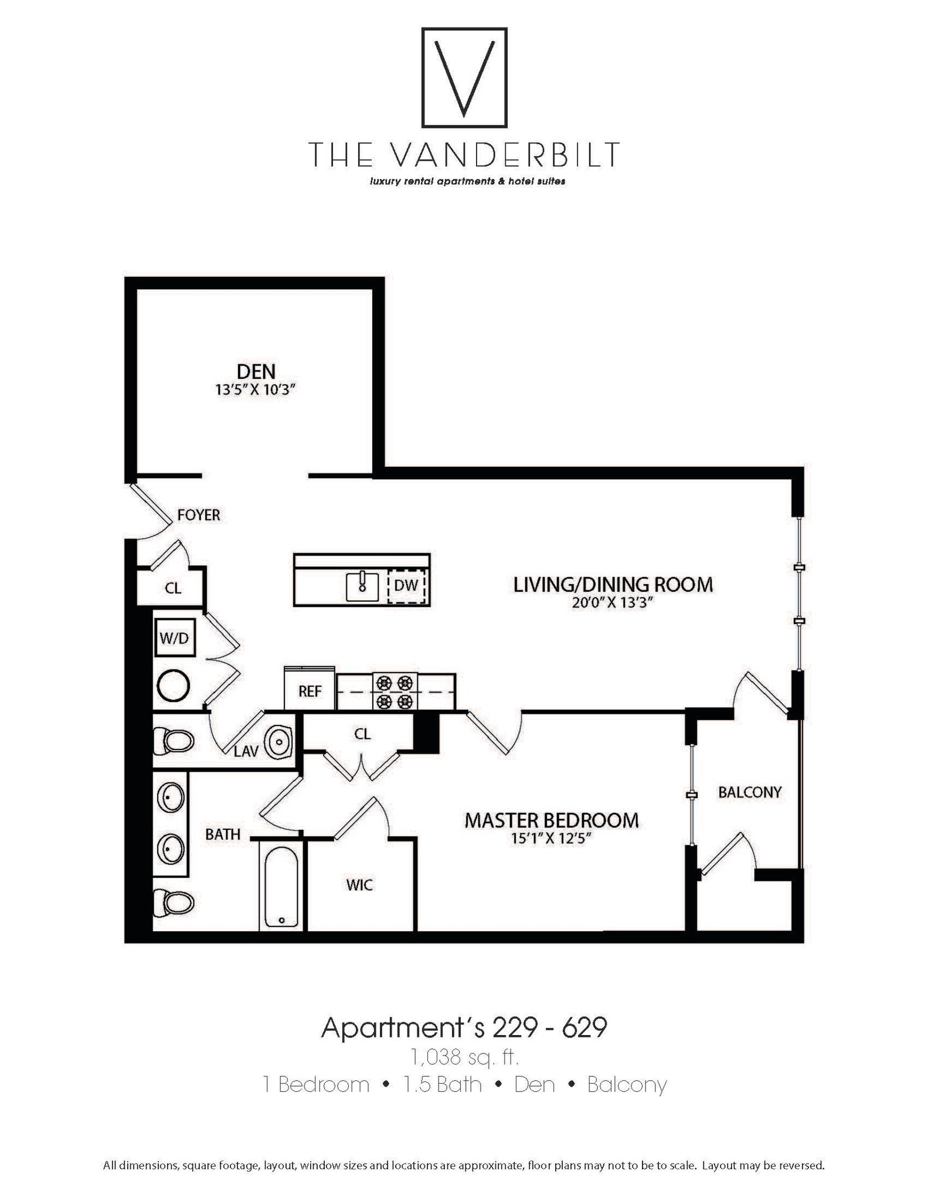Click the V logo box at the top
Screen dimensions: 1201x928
pos(464,77)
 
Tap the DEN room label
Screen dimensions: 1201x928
pos(256,371)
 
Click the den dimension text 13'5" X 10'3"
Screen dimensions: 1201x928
pos(254,390)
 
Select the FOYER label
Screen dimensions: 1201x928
pos(199,515)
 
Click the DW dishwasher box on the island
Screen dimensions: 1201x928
pos(406,585)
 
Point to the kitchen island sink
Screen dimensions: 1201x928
pos(362,586)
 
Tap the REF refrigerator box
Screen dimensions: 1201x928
pos(310,691)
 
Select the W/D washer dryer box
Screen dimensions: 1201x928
pos(174,638)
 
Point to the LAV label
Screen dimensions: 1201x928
pos(246,751)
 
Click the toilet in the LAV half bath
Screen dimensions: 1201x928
pos(174,741)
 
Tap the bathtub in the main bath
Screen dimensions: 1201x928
pos(281,887)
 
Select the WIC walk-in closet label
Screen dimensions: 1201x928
pos(359,885)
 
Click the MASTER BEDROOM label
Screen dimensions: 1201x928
pos(551,820)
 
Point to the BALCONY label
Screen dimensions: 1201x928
pos(750,792)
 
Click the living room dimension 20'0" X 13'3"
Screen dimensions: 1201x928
pos(613,603)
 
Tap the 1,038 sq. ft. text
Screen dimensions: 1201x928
pos(464,1057)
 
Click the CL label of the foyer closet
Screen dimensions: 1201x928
pos(172,588)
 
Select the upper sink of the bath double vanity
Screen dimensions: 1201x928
pos(171,798)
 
